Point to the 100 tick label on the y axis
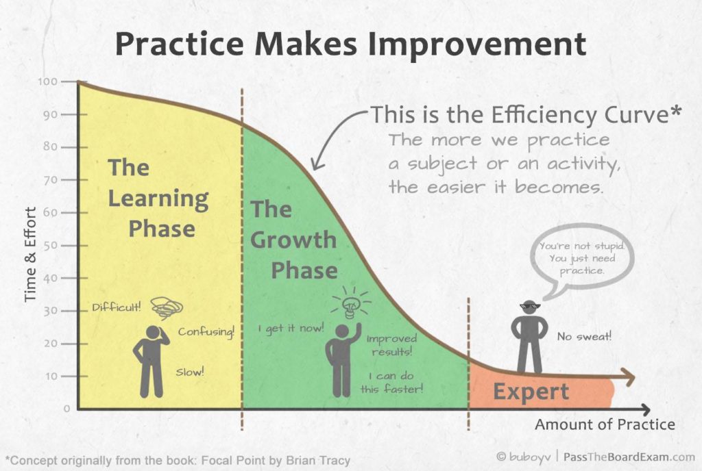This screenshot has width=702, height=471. click(x=48, y=81)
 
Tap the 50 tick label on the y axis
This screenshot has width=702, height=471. click(x=51, y=245)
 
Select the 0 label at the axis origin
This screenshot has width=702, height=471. click(x=66, y=409)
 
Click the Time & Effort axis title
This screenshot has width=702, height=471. click(x=30, y=254)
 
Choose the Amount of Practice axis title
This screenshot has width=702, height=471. click(x=605, y=424)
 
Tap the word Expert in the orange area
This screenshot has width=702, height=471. click(x=531, y=392)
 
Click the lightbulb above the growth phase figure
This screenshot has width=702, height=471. click(x=351, y=303)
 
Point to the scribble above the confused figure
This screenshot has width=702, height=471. click(x=167, y=307)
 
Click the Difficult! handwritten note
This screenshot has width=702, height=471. click(x=117, y=307)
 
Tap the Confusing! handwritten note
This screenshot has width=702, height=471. click(x=206, y=331)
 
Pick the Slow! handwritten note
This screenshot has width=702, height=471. click(x=189, y=371)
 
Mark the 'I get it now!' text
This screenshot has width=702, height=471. click(x=291, y=329)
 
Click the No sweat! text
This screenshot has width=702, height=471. click(x=584, y=336)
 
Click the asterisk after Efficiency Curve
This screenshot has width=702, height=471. click(x=676, y=110)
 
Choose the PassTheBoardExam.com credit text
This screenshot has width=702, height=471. click(x=629, y=457)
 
